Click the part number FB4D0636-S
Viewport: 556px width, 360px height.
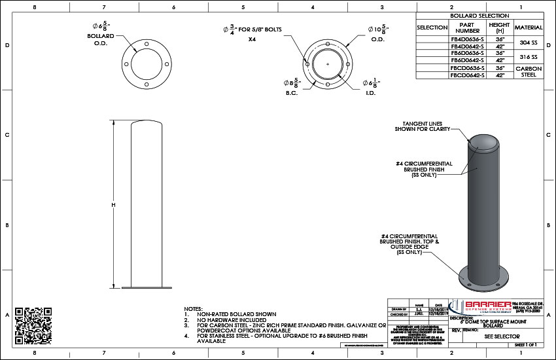(x=467, y=39)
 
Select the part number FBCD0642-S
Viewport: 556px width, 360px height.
(x=467, y=75)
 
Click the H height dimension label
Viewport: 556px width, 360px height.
(x=113, y=205)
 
